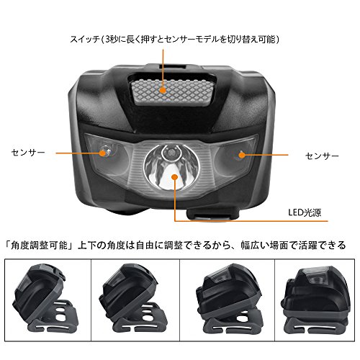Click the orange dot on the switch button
[163, 90]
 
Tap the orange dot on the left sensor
[102, 153]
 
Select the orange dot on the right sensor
[242, 155]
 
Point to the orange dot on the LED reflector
[175, 177]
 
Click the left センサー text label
[28, 153]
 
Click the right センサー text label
[322, 156]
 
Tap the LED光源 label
[305, 212]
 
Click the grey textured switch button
[172, 92]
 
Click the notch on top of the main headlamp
[171, 66]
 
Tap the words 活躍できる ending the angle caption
[322, 246]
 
